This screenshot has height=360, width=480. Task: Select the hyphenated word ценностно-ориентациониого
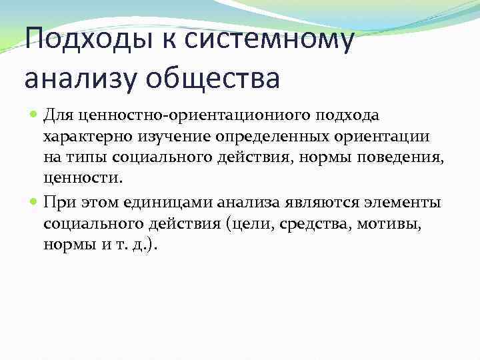[x=180, y=116]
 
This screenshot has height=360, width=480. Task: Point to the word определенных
[x=261, y=137]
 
